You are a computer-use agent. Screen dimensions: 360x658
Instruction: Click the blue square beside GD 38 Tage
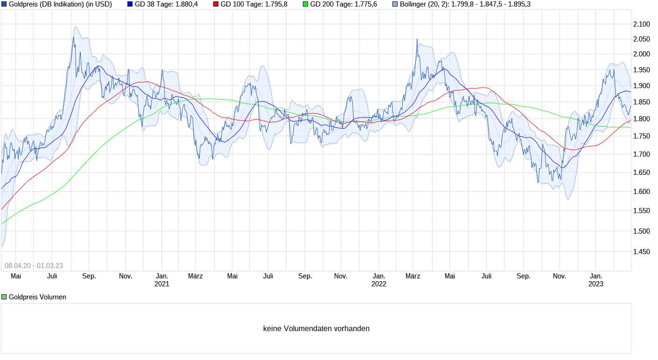pyautogui.click(x=130, y=4)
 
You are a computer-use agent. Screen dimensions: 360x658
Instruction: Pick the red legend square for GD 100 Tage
pyautogui.click(x=216, y=4)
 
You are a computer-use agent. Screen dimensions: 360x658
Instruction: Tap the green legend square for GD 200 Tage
pyautogui.click(x=306, y=4)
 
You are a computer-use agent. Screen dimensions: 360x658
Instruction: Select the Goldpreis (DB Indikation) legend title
pyautogui.click(x=60, y=4)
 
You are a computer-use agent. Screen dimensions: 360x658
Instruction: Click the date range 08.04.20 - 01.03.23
pyautogui.click(x=34, y=266)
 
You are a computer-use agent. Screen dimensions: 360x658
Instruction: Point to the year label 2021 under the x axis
pyautogui.click(x=162, y=284)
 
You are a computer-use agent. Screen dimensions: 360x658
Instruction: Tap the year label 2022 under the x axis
pyautogui.click(x=379, y=284)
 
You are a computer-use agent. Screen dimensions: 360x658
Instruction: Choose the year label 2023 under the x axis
pyautogui.click(x=596, y=284)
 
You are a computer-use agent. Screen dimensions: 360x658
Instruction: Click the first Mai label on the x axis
pyautogui.click(x=16, y=276)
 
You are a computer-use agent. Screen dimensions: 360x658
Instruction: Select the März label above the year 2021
pyautogui.click(x=195, y=276)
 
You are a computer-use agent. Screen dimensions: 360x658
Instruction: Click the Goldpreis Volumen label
pyautogui.click(x=37, y=297)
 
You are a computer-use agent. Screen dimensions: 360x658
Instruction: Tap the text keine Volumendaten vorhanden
pyautogui.click(x=316, y=329)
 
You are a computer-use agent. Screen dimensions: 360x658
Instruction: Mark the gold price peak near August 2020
pyautogui.click(x=74, y=38)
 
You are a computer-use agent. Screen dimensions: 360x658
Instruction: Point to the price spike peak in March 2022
pyautogui.click(x=417, y=40)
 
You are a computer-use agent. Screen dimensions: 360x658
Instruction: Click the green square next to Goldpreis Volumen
pyautogui.click(x=4, y=297)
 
